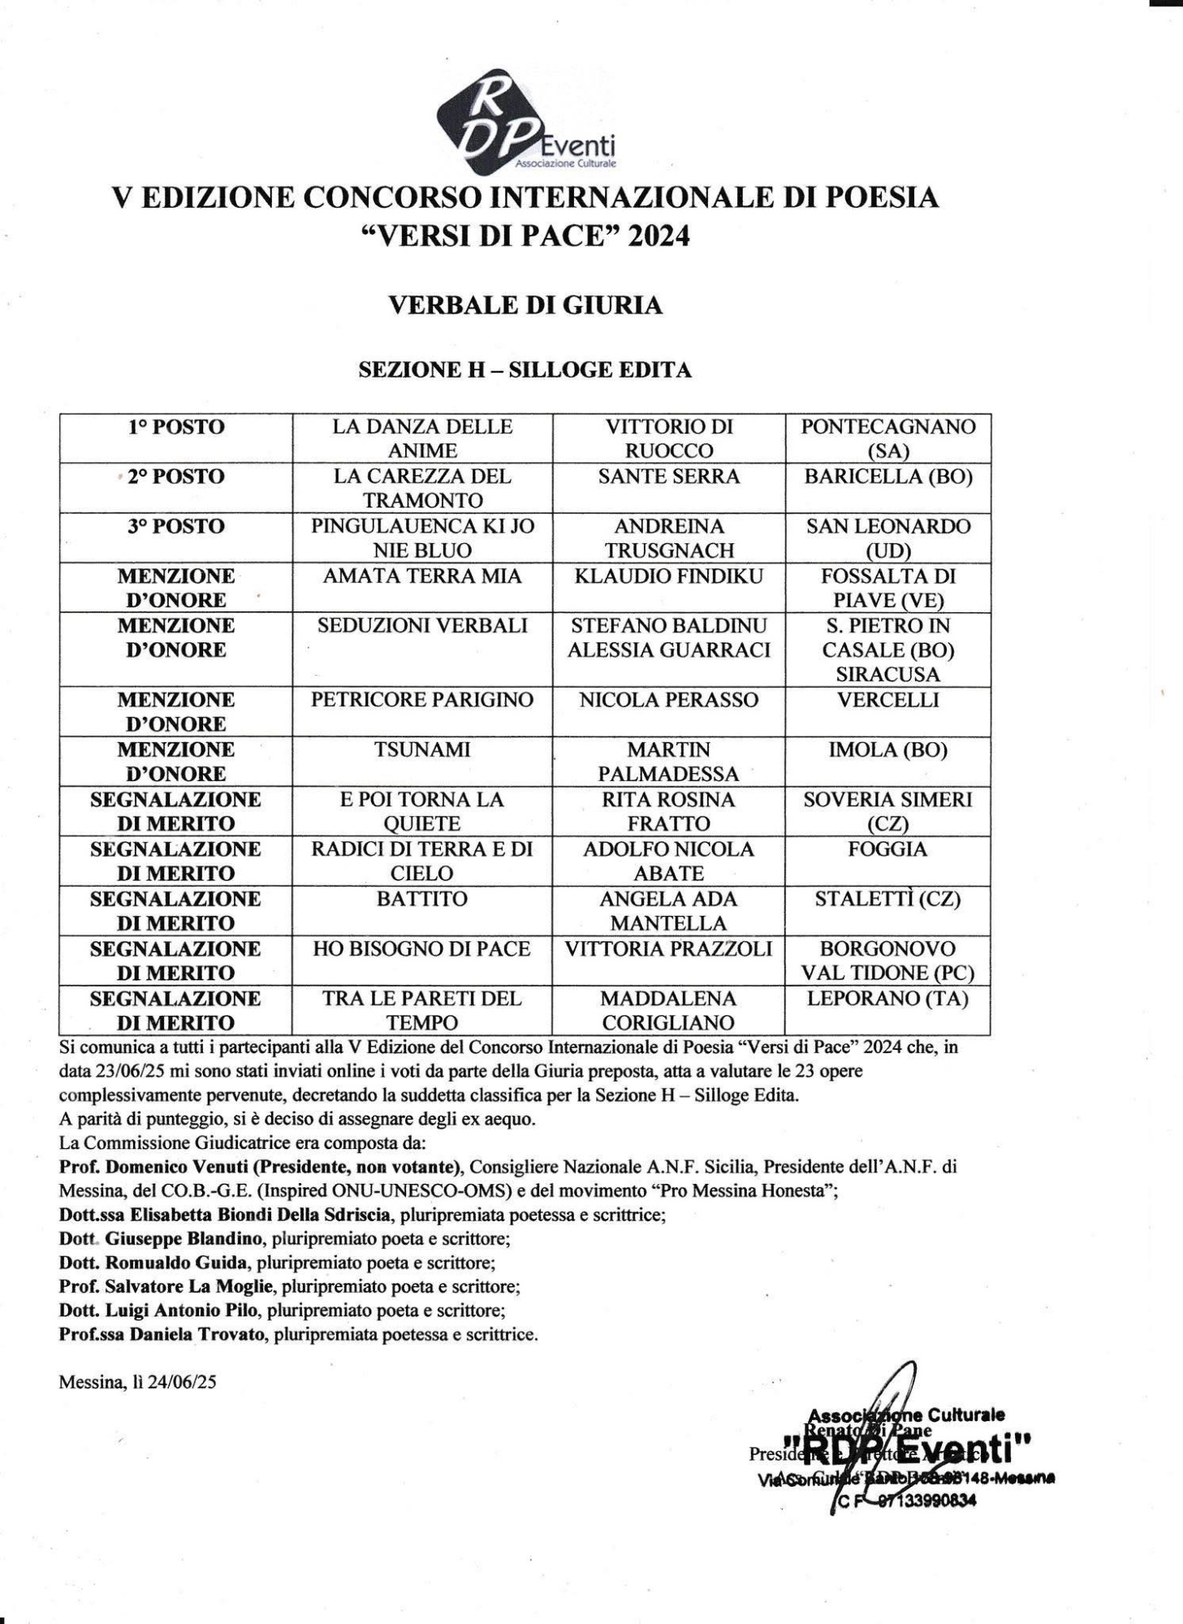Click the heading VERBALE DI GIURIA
pyautogui.click(x=525, y=305)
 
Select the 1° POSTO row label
pyautogui.click(x=175, y=428)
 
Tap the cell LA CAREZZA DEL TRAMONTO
pyautogui.click(x=422, y=488)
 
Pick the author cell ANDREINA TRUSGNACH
pyautogui.click(x=668, y=538)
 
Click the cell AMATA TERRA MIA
pyautogui.click(x=422, y=577)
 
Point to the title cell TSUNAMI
pyautogui.click(x=422, y=749)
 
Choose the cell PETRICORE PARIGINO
pyautogui.click(x=422, y=700)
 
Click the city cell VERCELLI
pyautogui.click(x=887, y=700)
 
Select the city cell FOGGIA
pyautogui.click(x=887, y=849)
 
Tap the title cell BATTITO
pyautogui.click(x=422, y=899)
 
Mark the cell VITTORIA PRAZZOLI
pyautogui.click(x=668, y=948)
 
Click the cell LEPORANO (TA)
pyautogui.click(x=887, y=999)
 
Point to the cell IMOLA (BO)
pyautogui.click(x=887, y=749)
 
